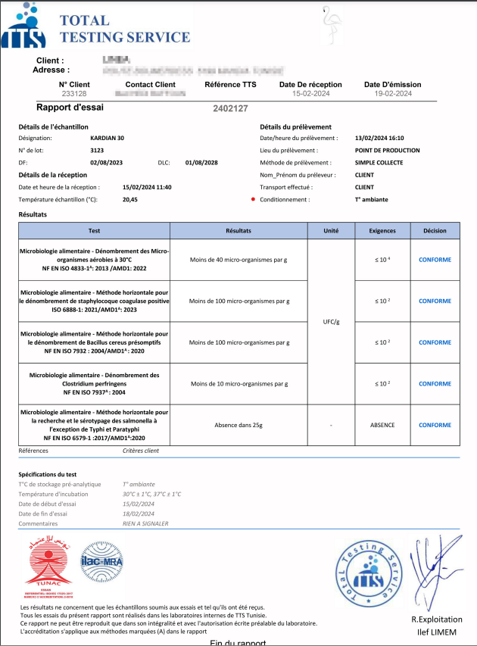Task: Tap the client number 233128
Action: (74, 94)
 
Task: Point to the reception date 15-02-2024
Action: (310, 94)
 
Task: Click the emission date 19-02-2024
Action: (392, 94)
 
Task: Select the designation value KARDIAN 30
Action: (107, 139)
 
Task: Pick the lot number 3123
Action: (97, 151)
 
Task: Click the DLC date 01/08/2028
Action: (201, 163)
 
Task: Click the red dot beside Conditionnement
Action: (252, 199)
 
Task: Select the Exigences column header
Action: (382, 230)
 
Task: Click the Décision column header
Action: (435, 230)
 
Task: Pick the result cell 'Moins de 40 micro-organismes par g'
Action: (238, 259)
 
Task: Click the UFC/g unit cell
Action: (331, 321)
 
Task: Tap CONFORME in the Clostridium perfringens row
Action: (435, 384)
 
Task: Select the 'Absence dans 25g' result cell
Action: (238, 425)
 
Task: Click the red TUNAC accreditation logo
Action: (48, 566)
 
